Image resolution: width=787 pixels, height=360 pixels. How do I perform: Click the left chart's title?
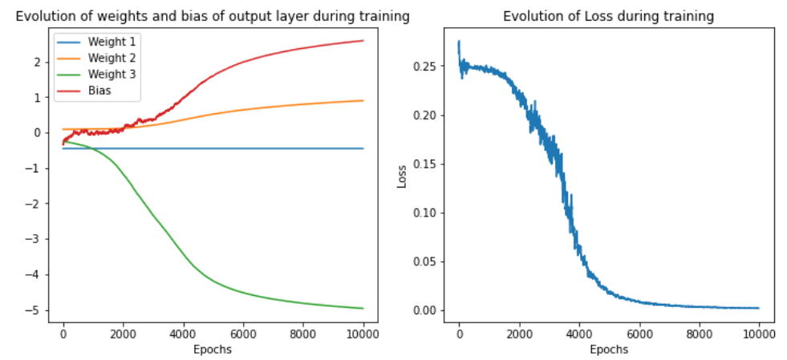coord(213,16)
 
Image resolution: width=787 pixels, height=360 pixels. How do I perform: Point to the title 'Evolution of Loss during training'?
coord(608,16)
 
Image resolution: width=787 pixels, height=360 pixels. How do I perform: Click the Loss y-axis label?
coord(404,177)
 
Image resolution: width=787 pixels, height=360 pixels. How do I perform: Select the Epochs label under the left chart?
coord(213,350)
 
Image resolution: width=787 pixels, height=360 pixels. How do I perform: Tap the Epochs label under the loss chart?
coord(609,350)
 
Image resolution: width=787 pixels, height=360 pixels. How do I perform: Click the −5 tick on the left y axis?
coord(36,310)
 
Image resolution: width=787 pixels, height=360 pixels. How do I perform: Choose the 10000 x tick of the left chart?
coord(363,334)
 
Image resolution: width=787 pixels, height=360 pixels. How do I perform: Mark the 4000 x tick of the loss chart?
coord(579,334)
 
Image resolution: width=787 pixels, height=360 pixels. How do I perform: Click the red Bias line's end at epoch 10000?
coord(363,41)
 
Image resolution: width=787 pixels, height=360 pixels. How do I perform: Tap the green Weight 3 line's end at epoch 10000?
coord(363,309)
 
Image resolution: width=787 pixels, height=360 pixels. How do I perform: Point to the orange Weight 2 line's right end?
coord(363,100)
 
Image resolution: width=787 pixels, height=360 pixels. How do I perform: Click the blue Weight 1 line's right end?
coord(363,148)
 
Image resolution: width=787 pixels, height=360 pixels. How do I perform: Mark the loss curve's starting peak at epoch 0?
coord(459,41)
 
